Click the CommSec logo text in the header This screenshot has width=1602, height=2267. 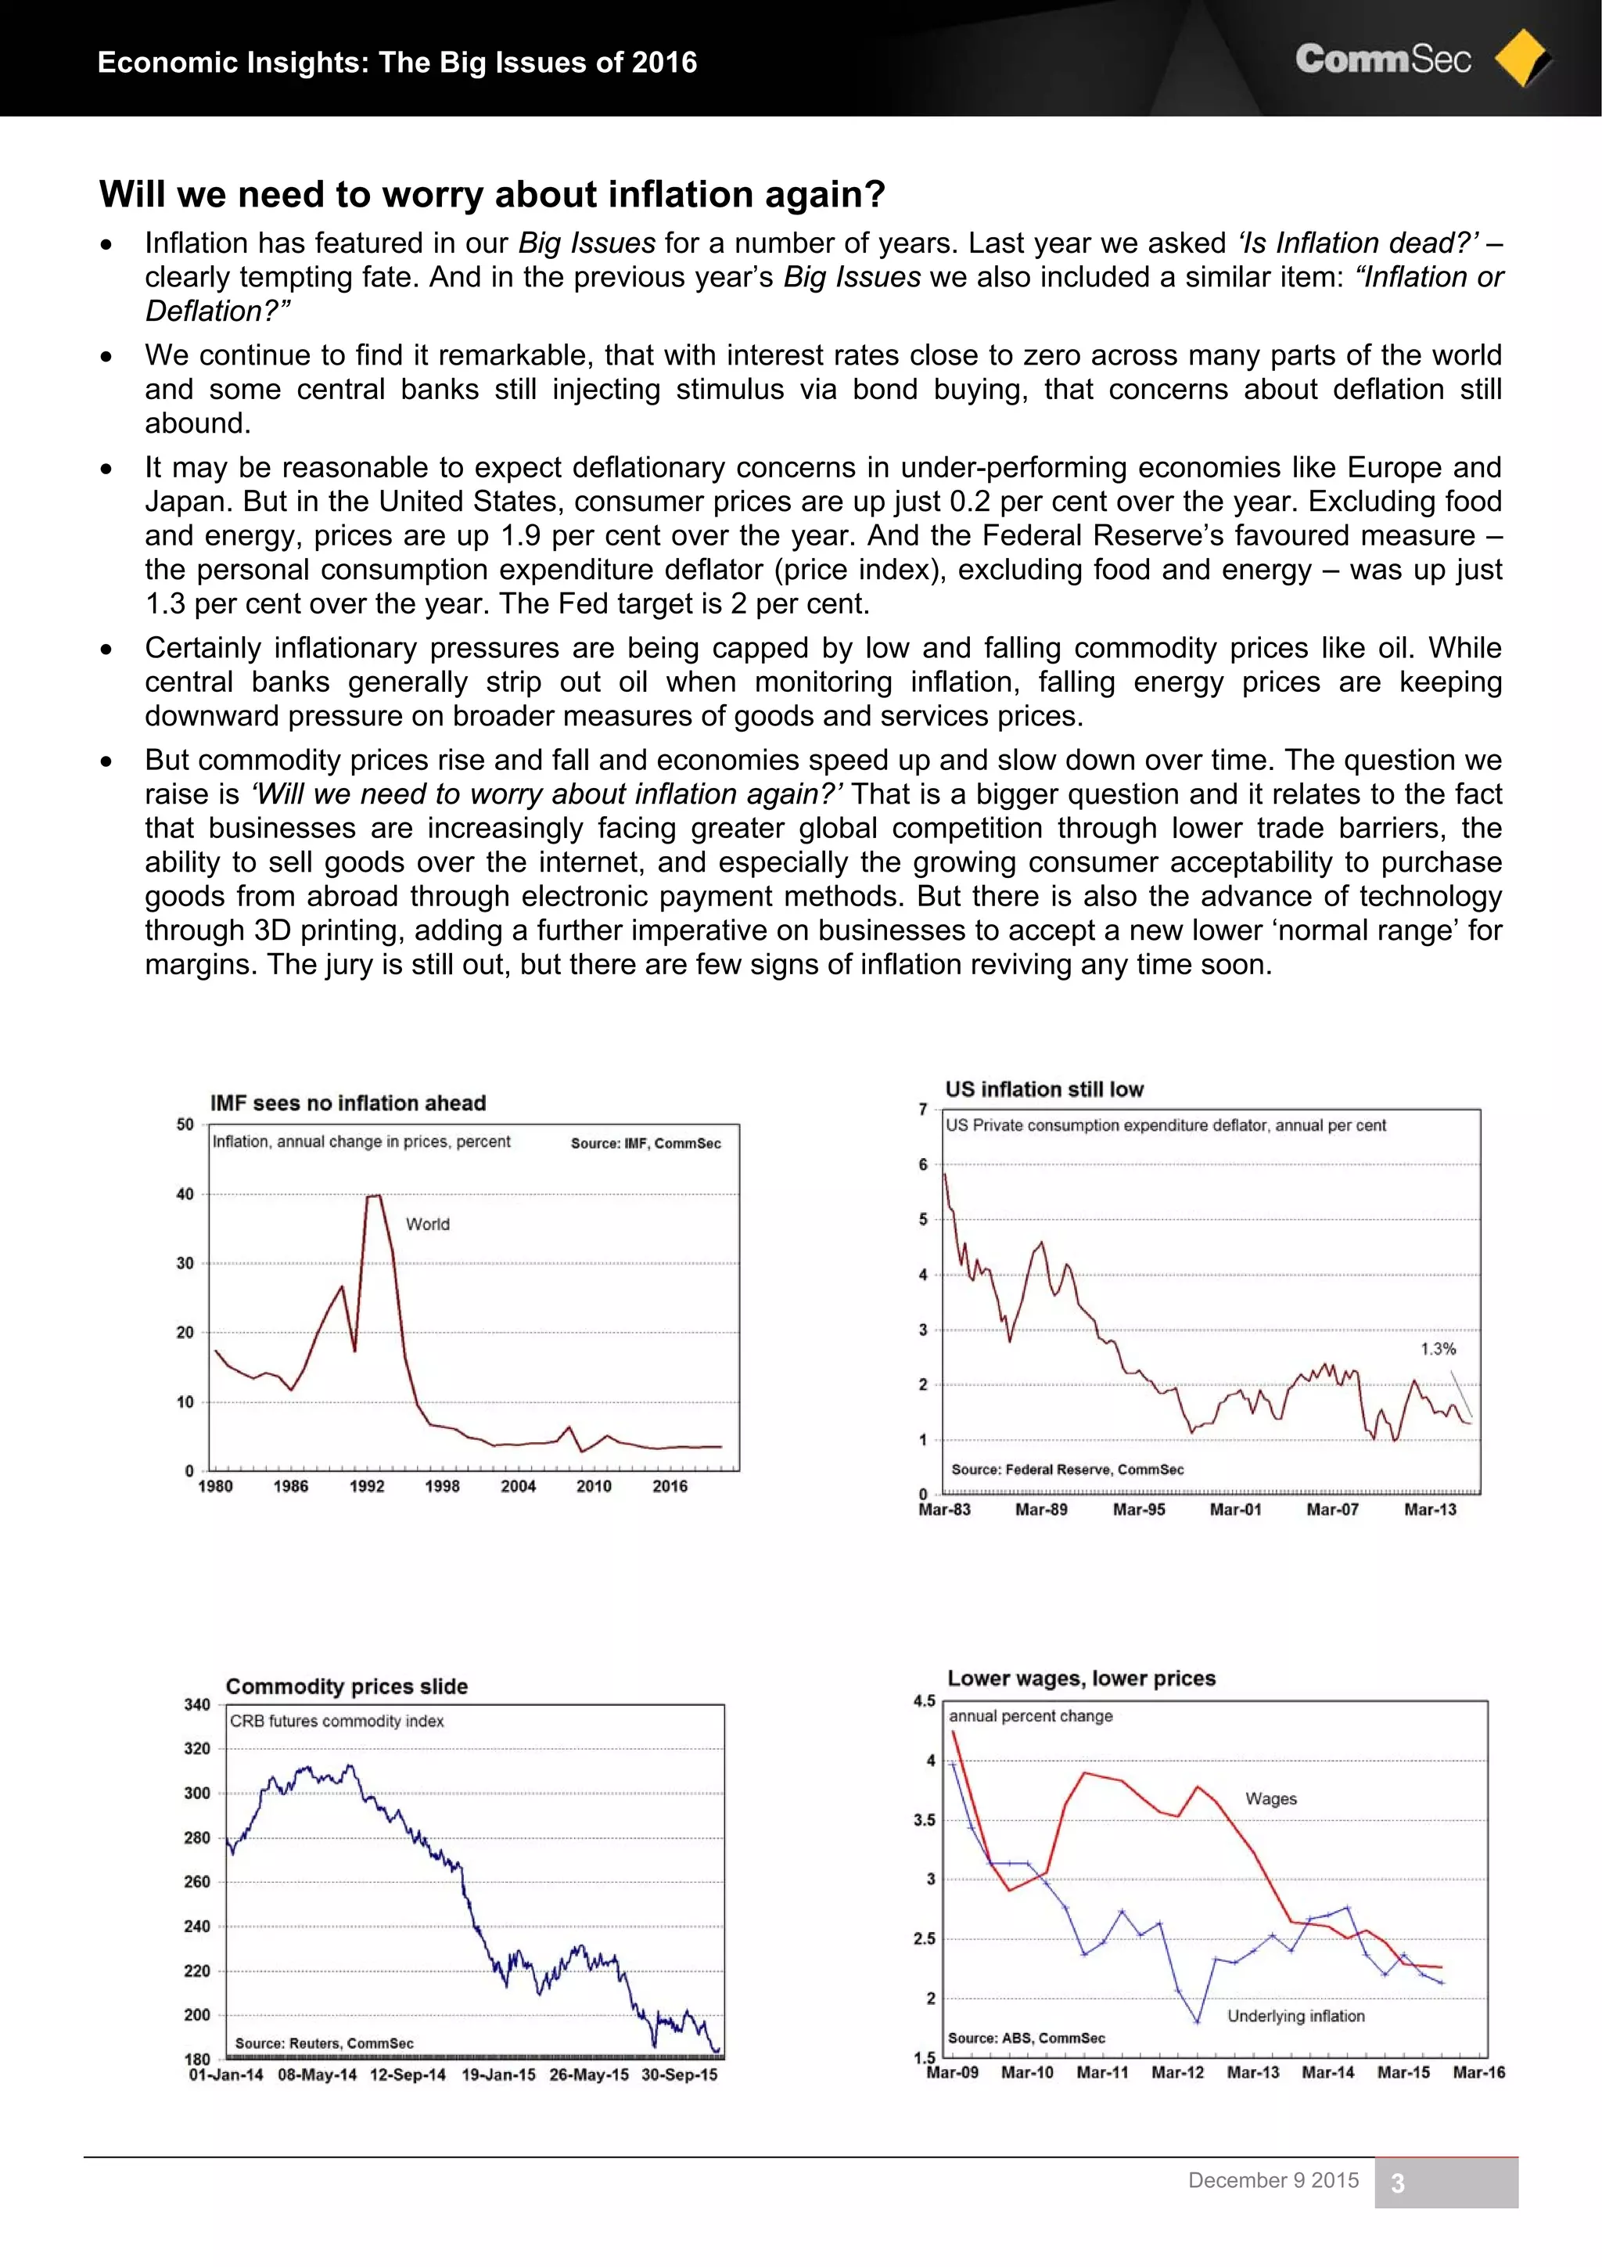[1382, 59]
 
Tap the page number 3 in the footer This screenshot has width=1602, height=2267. [1397, 2183]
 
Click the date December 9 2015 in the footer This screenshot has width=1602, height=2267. [1273, 2180]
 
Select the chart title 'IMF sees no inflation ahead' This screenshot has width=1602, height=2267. [347, 1103]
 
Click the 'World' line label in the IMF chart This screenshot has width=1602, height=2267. [427, 1225]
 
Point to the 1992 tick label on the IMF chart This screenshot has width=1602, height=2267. [366, 1486]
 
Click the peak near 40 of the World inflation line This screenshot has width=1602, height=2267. [373, 1196]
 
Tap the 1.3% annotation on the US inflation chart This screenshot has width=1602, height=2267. [1437, 1349]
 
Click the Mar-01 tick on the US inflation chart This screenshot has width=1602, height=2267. [1235, 1510]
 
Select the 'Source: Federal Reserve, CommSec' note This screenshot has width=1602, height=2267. [1067, 1469]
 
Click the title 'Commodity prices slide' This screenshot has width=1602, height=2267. [347, 1686]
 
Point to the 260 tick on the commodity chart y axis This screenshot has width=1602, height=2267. [197, 1882]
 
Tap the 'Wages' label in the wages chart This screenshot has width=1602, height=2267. [1270, 1799]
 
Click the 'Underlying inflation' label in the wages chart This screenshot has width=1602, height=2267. [1295, 2017]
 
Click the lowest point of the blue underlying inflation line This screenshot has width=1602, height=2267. [1198, 2021]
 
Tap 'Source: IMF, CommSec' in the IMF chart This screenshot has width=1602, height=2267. [645, 1143]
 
